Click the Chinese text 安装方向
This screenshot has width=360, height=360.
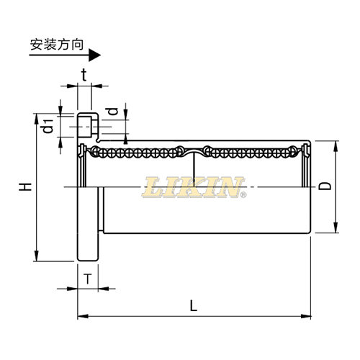(x=57, y=44)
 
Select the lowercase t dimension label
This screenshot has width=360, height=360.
(x=84, y=74)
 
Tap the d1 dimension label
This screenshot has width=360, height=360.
(x=48, y=125)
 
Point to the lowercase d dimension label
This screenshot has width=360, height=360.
(x=112, y=112)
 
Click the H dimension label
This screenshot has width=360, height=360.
(x=26, y=187)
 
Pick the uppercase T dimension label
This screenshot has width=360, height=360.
(x=87, y=279)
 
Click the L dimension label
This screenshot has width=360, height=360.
(x=193, y=305)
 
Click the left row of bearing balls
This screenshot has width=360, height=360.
(x=137, y=152)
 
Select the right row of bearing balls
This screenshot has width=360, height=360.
(x=252, y=152)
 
